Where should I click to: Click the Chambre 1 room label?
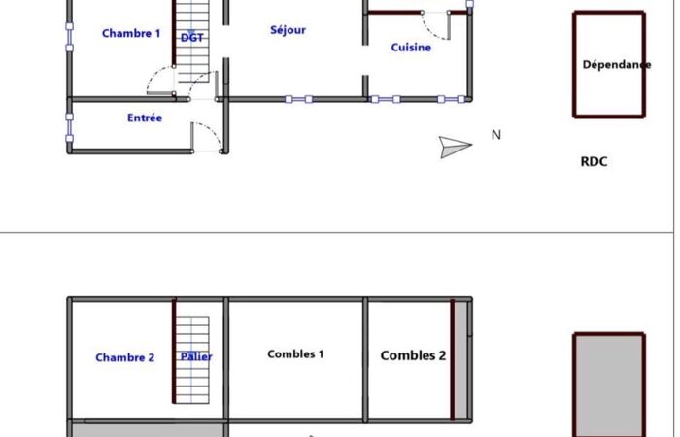[131, 33]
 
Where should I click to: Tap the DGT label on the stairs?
[191, 38]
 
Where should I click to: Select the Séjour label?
[288, 30]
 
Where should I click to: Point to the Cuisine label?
[411, 48]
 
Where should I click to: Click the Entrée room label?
[145, 118]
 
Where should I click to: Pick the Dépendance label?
[616, 65]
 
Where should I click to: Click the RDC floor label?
[594, 162]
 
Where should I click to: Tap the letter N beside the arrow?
[496, 135]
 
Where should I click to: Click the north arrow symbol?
[455, 147]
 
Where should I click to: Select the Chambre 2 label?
[125, 357]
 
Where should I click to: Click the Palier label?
[196, 356]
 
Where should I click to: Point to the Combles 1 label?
[295, 354]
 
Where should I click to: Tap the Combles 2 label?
[413, 355]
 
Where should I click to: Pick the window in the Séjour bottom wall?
[298, 99]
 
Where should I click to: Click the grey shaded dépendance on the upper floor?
[609, 386]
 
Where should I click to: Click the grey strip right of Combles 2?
[460, 360]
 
